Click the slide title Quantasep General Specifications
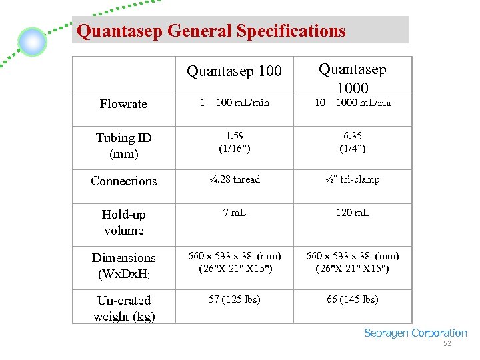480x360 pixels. (211, 31)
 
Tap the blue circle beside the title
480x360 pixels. (32, 42)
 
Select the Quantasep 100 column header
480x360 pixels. (234, 71)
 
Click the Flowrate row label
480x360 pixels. (123, 104)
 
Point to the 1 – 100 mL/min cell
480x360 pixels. (234, 103)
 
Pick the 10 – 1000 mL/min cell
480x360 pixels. (353, 103)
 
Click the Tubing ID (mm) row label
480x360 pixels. (124, 146)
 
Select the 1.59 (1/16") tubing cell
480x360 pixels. (234, 143)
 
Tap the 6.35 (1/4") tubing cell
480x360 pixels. (353, 143)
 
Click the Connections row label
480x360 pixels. (124, 181)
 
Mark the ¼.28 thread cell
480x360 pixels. (234, 179)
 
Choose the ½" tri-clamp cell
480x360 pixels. (353, 179)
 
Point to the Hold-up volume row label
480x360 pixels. (124, 222)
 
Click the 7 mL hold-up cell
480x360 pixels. (234, 213)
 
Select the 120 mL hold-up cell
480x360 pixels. (353, 213)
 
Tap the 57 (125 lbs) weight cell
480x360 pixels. (234, 299)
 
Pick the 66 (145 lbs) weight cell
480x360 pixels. (353, 299)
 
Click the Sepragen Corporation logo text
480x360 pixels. (415, 333)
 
